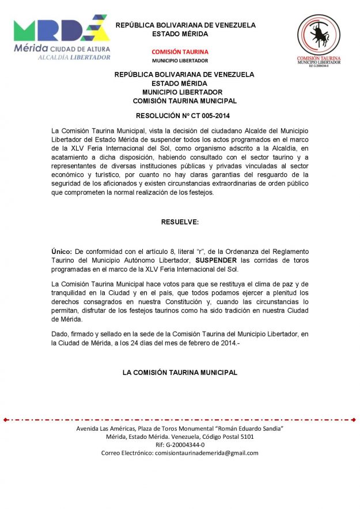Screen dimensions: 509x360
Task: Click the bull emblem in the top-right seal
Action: click(x=318, y=35)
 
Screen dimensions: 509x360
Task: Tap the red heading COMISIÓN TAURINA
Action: click(x=180, y=52)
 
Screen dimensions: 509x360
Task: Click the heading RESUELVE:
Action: click(x=180, y=222)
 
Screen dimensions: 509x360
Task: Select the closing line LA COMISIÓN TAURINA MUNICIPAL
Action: click(x=180, y=373)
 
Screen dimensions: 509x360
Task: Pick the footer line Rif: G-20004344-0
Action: click(x=180, y=445)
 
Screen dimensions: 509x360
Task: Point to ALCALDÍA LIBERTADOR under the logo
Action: click(x=74, y=57)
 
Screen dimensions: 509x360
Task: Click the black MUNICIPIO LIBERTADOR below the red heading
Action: click(x=180, y=60)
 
